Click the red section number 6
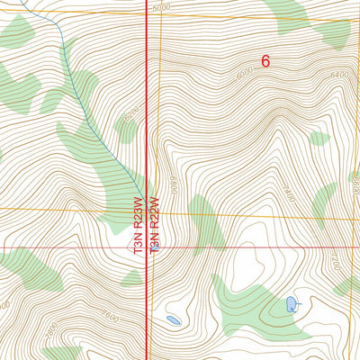265,61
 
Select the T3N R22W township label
154,225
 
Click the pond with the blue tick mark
292,305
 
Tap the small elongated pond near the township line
173,319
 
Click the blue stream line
72,72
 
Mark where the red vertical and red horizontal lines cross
148,246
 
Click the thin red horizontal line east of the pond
270,246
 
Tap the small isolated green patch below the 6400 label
319,139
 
